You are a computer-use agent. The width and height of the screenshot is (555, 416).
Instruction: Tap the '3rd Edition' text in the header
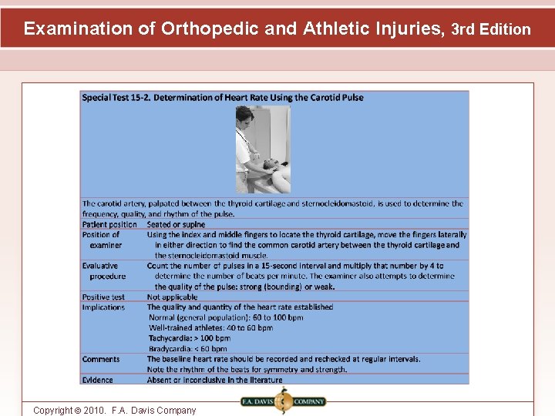[490, 30]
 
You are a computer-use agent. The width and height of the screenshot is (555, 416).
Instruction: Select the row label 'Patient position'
[109, 224]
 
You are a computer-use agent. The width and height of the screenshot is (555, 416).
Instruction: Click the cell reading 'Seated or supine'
[176, 224]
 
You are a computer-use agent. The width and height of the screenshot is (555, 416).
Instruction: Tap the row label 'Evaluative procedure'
[104, 270]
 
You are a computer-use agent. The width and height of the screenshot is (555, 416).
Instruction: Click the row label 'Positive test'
[103, 297]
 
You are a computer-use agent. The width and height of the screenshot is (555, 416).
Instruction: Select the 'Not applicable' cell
[172, 297]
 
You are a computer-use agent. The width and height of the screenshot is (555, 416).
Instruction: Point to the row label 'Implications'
[103, 307]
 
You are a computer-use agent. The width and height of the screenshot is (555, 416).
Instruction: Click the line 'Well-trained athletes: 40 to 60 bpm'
[210, 327]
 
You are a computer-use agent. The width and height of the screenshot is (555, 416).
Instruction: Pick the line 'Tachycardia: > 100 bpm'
[189, 338]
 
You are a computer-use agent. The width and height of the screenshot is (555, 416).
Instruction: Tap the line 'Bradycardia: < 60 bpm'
[187, 348]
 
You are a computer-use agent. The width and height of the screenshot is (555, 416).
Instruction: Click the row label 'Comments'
[101, 359]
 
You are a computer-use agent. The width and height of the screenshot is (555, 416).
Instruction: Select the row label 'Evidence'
[98, 380]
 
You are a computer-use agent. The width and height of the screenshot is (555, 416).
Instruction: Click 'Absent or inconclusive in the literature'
[215, 380]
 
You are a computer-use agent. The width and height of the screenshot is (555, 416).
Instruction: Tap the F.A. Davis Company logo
[283, 401]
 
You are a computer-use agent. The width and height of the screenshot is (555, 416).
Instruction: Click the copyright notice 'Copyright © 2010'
[114, 411]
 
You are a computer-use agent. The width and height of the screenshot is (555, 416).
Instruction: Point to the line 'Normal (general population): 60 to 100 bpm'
[226, 317]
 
